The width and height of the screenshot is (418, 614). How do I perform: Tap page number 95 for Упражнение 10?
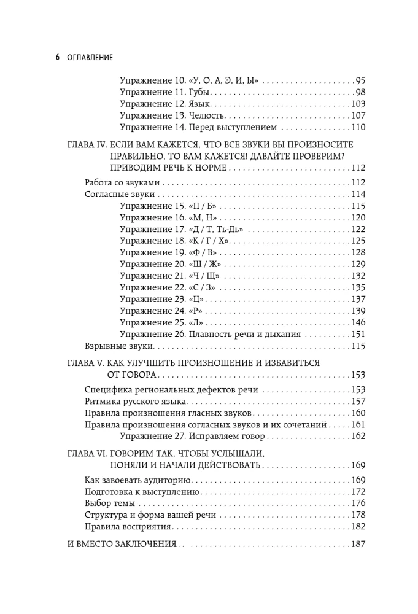pos(360,80)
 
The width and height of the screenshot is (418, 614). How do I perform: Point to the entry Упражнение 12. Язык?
pos(159,104)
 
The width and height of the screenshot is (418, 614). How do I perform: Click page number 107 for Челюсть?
pos(358,115)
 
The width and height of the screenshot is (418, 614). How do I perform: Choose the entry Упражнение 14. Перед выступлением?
pos(198,128)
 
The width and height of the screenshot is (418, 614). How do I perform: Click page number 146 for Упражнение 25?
pos(358,322)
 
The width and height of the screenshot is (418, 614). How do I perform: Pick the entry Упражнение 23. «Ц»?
pos(162,299)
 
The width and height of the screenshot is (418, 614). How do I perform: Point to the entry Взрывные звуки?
pos(109,346)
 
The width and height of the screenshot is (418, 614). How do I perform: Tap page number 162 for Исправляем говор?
pos(358,437)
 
